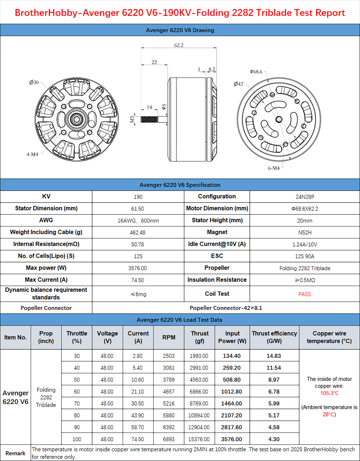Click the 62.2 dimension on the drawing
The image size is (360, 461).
[179, 45]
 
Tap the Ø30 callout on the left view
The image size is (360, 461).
[34, 82]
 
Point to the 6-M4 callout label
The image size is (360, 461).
[274, 168]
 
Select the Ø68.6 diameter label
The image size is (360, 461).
[256, 72]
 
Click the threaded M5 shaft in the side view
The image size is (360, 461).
[149, 119]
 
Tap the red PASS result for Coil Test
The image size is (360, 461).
[304, 294]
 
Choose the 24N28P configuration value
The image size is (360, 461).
[305, 197]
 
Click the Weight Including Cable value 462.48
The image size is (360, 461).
[138, 232]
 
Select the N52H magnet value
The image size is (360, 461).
[305, 232]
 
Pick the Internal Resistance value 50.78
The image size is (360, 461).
[138, 244]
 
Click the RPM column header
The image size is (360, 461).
[169, 337]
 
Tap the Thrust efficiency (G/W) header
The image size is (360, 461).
[274, 337]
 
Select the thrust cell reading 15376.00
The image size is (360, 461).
[199, 439]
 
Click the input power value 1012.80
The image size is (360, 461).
[232, 391]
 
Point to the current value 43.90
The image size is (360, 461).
[138, 415]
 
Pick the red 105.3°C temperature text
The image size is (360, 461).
[329, 393]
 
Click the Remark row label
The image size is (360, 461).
[15, 453]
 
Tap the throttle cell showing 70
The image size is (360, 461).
[77, 403]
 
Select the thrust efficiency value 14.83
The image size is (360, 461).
[274, 356]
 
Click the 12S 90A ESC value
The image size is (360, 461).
[305, 256]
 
